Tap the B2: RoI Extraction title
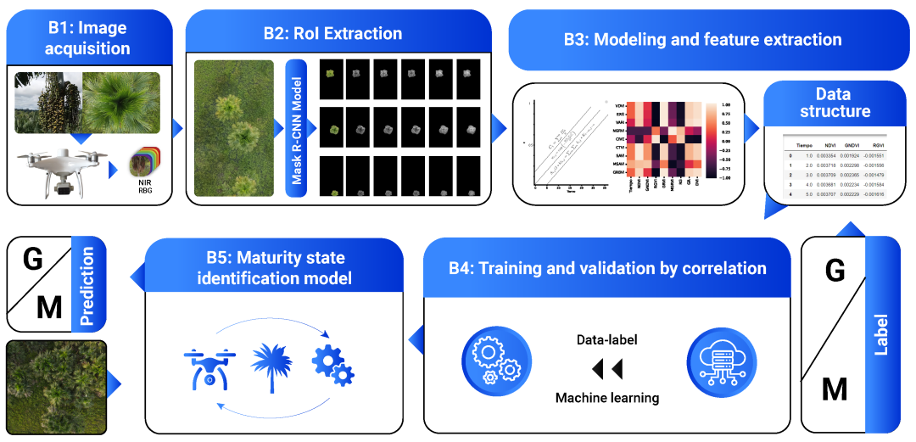pos(332,34)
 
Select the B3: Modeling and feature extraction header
pos(701,39)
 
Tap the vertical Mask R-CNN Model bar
pos(296,129)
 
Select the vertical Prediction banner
pos(88,286)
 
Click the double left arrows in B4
pos(606,368)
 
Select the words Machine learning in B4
pos(606,398)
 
